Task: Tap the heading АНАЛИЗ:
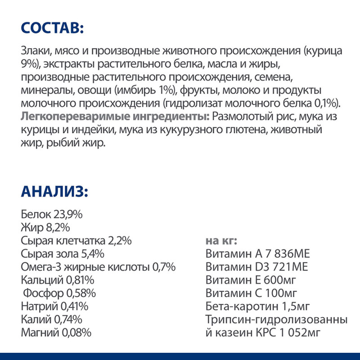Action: coord(54,191)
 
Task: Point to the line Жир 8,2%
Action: coord(45,227)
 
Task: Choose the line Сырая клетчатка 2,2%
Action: coord(76,241)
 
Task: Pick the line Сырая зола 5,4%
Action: coord(63,254)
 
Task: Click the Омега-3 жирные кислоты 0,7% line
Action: coord(98,267)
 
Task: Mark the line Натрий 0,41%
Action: coord(54,307)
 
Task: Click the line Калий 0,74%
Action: coord(52,320)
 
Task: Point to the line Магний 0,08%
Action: coord(56,333)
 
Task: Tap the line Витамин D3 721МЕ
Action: coord(256,267)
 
